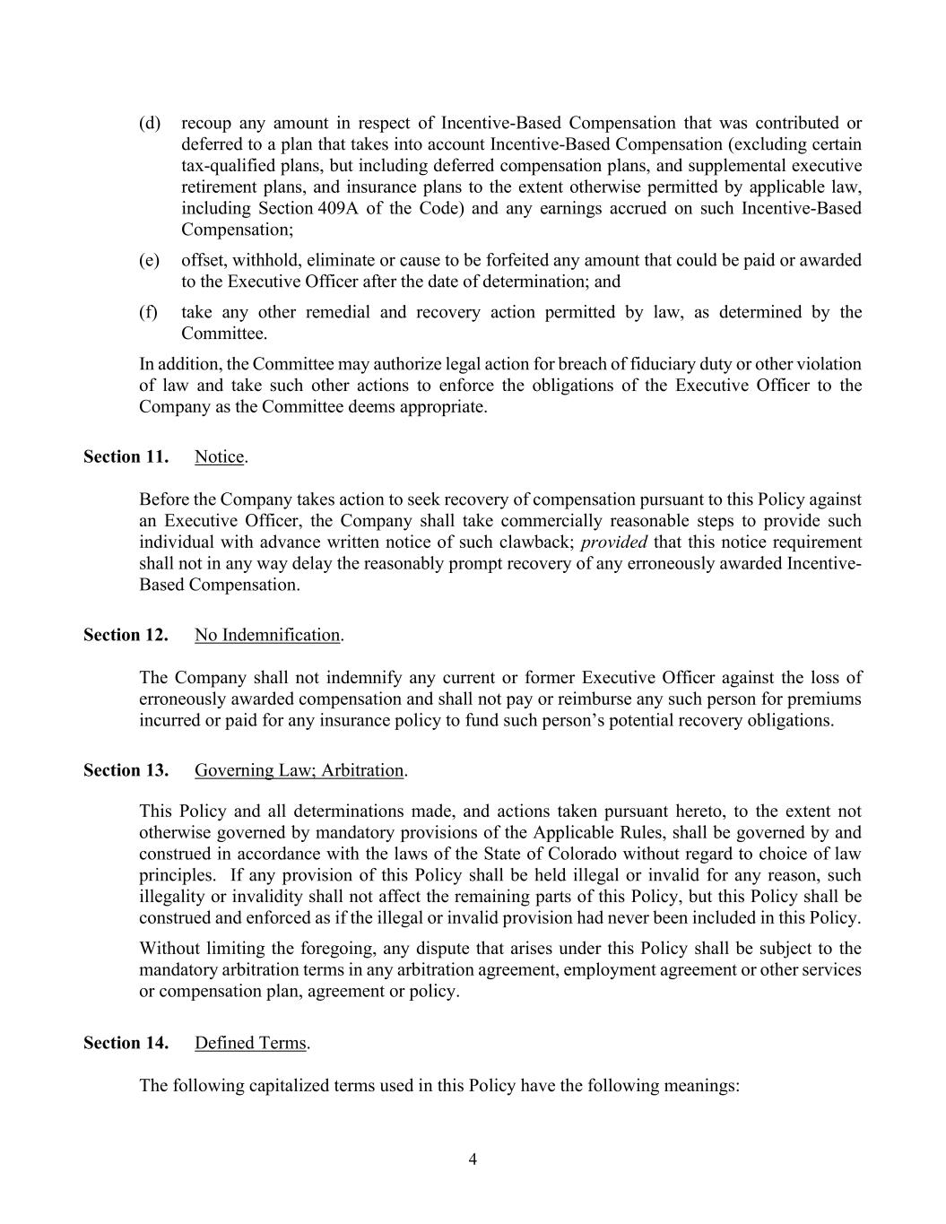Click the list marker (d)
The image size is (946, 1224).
tap(150, 123)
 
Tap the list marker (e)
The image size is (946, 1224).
tap(150, 260)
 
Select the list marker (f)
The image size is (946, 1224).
tap(149, 312)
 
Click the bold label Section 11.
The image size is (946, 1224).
tap(126, 456)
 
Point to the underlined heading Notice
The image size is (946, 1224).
tap(219, 456)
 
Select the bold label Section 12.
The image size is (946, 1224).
tap(126, 635)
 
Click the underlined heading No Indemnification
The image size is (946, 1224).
tap(267, 635)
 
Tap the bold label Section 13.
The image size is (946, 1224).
tap(126, 770)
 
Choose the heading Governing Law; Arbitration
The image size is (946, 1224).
tap(299, 770)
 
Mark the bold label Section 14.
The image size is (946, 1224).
tap(126, 1043)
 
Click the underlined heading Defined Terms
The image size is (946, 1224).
tap(250, 1043)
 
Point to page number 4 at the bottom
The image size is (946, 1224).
tap(473, 1159)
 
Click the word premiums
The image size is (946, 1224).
tap(826, 699)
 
